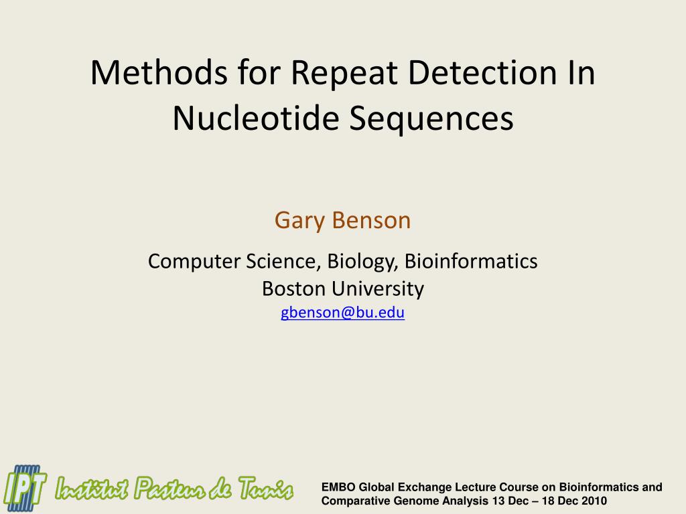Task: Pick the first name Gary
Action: (299, 220)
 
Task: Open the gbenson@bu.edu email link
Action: (342, 313)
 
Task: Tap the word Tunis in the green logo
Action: (264, 489)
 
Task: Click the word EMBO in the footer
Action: (338, 487)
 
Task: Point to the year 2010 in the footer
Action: (594, 501)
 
